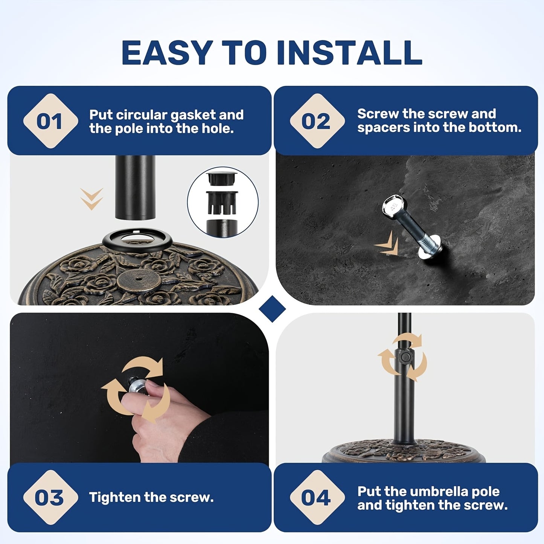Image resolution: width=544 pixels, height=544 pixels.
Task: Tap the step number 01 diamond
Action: pos(50,121)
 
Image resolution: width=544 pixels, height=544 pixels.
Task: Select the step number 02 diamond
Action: pos(317,121)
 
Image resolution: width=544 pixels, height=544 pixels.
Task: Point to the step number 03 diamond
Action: pos(50,497)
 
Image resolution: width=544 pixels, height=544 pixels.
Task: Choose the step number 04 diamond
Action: pos(317,497)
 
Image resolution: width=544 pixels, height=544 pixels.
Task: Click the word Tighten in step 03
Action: pos(114,498)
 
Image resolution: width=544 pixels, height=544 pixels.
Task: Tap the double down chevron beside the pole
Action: pos(91,199)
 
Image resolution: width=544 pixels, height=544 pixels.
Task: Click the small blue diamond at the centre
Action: pos(272,309)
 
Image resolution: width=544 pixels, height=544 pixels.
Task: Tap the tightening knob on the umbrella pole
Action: pos(405,356)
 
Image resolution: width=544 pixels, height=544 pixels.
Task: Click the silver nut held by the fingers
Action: pos(137,386)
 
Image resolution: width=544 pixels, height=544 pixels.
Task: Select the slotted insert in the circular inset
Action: pos(222,202)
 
